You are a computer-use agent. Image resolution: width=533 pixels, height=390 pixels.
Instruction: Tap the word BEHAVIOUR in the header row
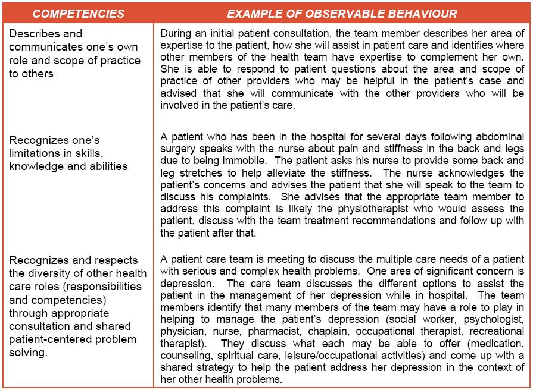(x=423, y=13)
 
